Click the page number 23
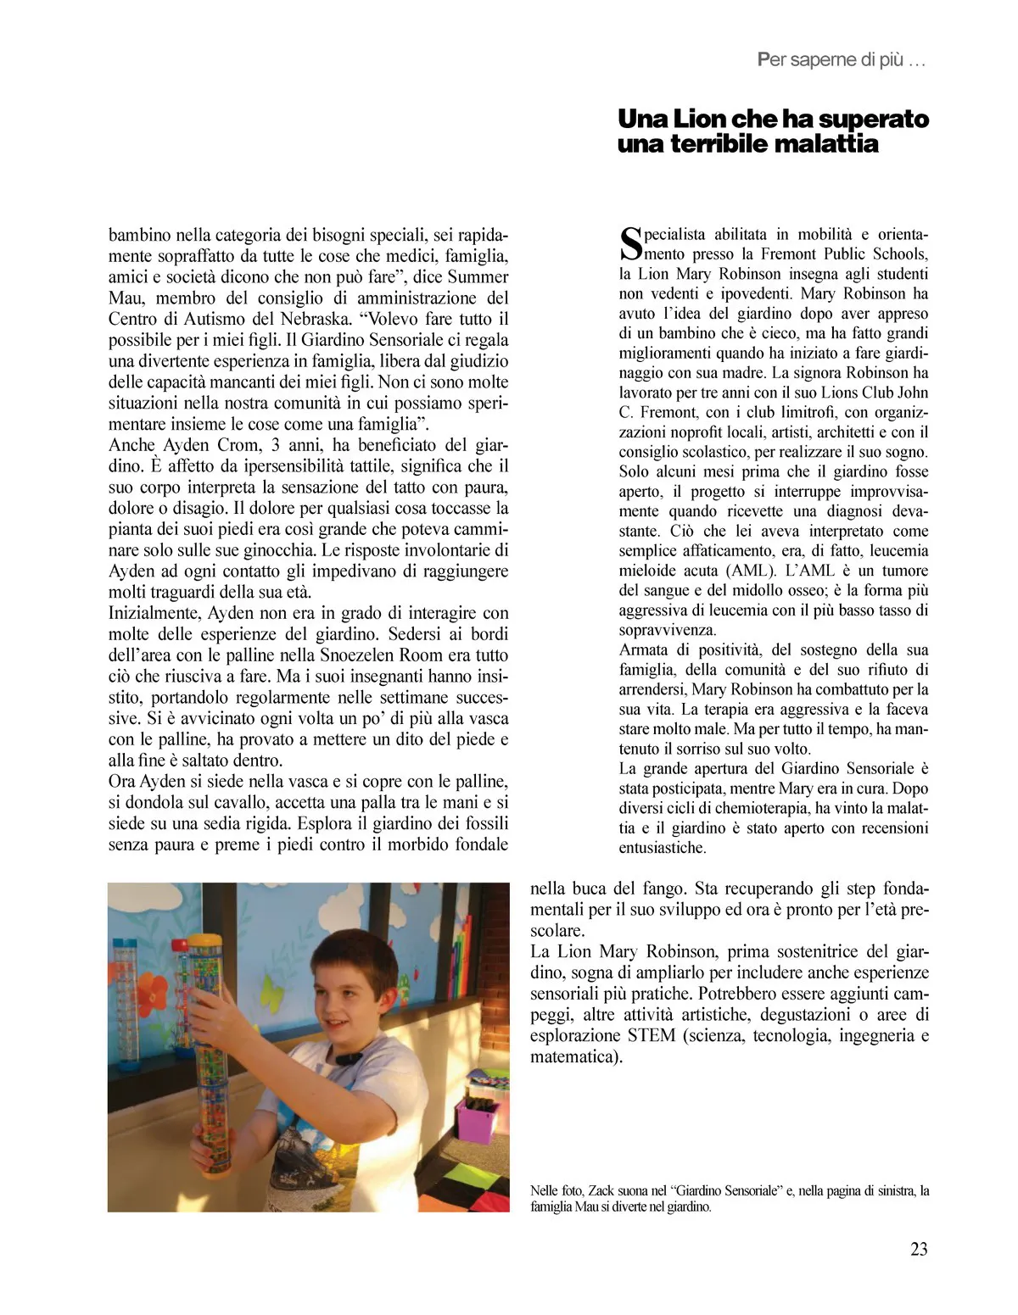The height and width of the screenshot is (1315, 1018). pos(919,1249)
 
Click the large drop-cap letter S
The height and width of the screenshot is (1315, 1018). pos(633,242)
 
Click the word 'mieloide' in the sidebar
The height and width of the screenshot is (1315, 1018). pos(647,571)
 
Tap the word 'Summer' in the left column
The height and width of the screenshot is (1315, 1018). pos(478,276)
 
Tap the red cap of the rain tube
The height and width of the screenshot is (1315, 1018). pos(178,944)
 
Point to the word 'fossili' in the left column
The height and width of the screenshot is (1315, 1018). pos(481,822)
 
